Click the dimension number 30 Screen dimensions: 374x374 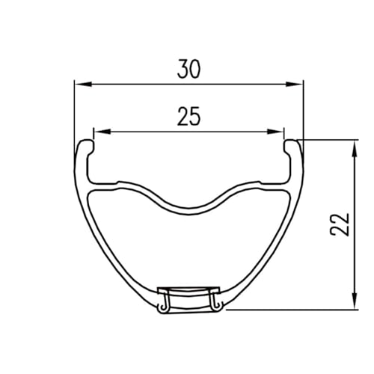(x=188, y=69)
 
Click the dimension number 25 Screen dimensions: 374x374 (x=188, y=116)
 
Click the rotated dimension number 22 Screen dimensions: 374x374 (x=340, y=224)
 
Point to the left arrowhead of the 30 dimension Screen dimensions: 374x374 (x=84, y=85)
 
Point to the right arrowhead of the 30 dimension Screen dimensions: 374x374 (x=294, y=85)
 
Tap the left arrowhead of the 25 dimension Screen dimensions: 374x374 (x=102, y=132)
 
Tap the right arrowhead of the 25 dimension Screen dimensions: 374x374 (x=275, y=132)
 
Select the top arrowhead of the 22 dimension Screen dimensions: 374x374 (x=355, y=149)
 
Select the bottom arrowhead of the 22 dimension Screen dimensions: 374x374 (x=355, y=301)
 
